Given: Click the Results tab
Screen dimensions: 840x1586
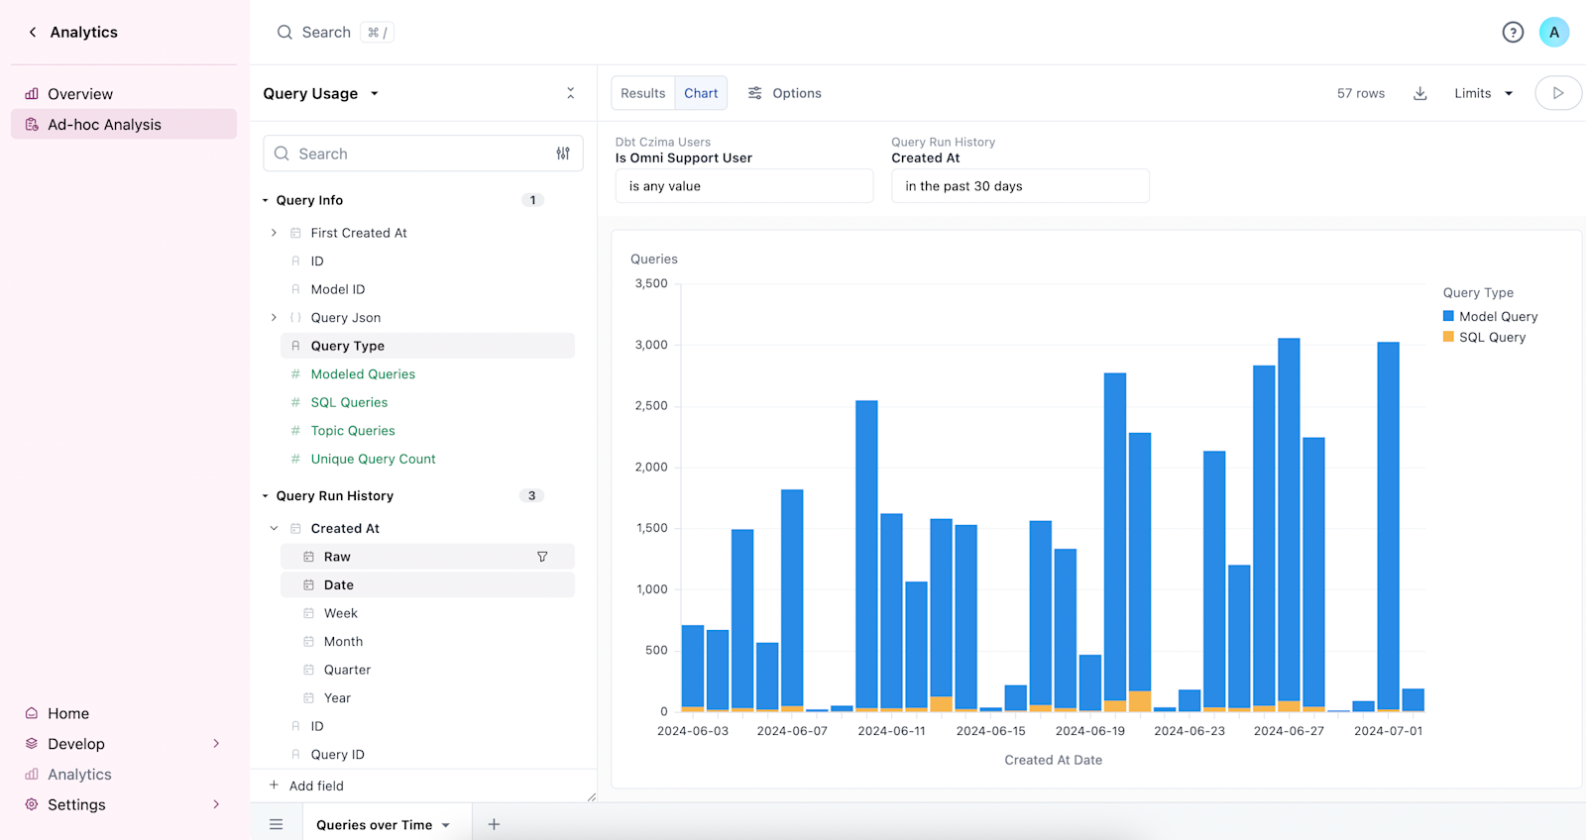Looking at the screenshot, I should (x=642, y=93).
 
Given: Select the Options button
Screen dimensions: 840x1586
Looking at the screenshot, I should (x=784, y=93).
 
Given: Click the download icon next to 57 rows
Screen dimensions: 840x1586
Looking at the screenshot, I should (x=1419, y=93).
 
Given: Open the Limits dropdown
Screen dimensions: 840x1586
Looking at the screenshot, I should (x=1483, y=93).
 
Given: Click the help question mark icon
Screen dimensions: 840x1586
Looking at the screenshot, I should (x=1513, y=33).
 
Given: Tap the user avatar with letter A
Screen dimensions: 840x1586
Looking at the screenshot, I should (x=1553, y=33).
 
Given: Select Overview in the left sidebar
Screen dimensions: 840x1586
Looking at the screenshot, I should (x=80, y=94).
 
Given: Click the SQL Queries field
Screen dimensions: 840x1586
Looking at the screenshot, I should (x=349, y=402).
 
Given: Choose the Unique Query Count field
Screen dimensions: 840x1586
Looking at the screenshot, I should (x=373, y=459).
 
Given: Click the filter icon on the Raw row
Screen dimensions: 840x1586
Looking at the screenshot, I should (x=542, y=557).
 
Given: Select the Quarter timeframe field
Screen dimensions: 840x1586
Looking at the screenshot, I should (x=347, y=670).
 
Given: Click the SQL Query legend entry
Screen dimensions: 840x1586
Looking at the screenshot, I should (x=1491, y=337).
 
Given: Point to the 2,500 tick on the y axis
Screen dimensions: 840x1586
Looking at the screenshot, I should (x=651, y=406).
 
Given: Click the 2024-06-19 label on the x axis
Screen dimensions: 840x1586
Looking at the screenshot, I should (x=1089, y=731).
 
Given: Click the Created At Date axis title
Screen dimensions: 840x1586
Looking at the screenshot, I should (x=1053, y=760).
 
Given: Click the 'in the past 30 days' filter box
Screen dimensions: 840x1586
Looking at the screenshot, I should (x=1019, y=186).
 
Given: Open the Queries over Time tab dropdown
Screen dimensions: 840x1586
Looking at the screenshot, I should (x=446, y=825).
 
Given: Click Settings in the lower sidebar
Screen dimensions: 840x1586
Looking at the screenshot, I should (x=76, y=804).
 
